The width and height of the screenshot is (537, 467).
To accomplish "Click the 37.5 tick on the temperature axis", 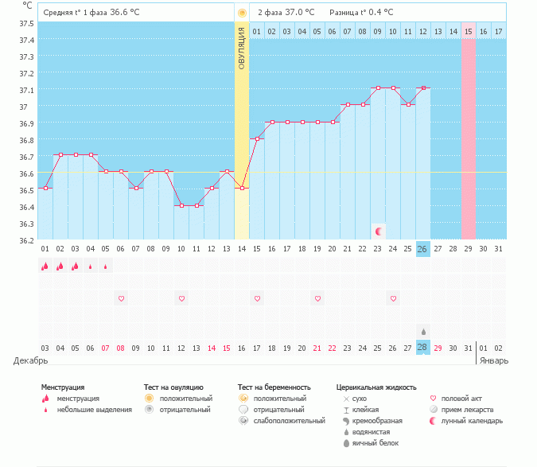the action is pos(26,24).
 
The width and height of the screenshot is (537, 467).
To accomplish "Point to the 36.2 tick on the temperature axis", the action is pos(26,240).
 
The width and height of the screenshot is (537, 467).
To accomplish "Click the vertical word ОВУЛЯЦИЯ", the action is pos(241,49).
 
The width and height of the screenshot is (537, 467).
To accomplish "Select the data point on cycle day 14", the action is pos(242,188).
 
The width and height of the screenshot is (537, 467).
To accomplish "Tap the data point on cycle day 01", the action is pos(45,188).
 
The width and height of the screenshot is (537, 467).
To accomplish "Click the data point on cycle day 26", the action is pos(424,88).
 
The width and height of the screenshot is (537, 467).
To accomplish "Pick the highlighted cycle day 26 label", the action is pos(423,249).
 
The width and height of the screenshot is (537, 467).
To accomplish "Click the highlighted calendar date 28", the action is pos(423,348).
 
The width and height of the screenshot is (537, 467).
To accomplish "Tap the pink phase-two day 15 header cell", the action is pos(468,32).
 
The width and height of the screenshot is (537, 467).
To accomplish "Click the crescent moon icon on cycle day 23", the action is pos(379,232).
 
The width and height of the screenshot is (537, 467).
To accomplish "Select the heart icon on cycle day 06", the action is pos(121,298).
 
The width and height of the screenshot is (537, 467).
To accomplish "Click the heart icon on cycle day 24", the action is pos(393,298).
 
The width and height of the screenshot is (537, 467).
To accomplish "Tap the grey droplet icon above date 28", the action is pos(424,332).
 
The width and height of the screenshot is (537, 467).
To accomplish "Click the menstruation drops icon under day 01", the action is pos(45,266).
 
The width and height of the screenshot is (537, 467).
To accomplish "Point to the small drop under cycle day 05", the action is pos(106,267).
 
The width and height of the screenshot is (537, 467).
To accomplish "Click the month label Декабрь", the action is pos(30,360).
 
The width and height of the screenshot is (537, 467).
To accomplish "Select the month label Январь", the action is pos(494,360).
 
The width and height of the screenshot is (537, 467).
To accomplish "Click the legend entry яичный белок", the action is pos(376,443).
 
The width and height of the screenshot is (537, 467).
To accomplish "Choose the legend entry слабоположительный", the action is pos(289,421).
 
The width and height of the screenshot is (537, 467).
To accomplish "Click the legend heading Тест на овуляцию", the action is pos(173,387).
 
